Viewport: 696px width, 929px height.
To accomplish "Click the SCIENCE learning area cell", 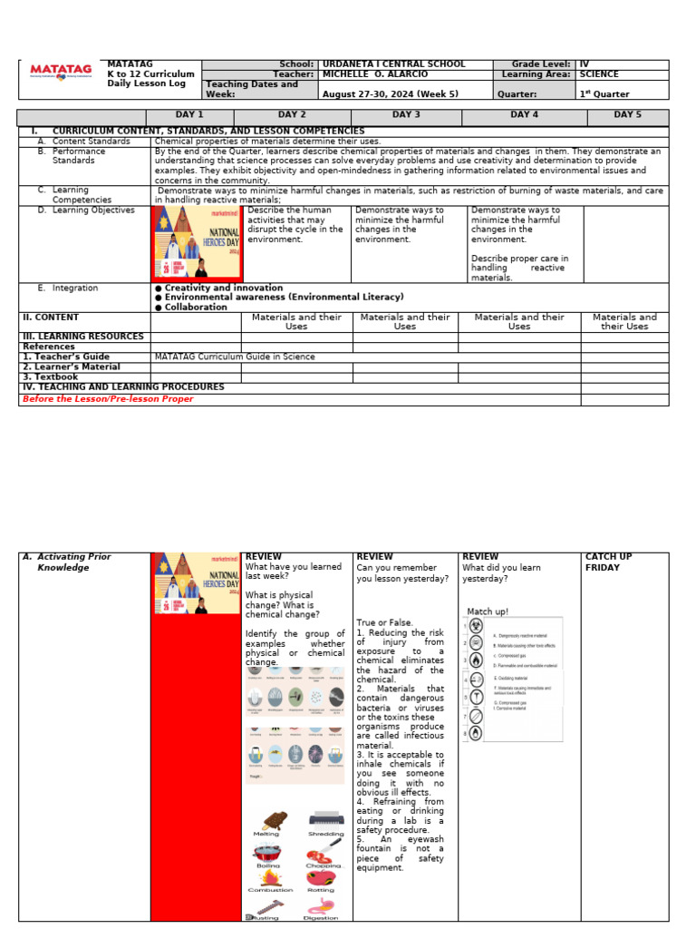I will (599, 74).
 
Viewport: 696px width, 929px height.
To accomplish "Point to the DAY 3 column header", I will (405, 115).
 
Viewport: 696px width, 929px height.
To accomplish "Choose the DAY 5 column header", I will (626, 115).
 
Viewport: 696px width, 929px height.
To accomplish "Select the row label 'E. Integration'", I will (75, 288).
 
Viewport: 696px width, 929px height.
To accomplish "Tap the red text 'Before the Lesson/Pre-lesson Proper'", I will (108, 399).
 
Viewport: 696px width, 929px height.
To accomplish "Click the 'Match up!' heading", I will (488, 611).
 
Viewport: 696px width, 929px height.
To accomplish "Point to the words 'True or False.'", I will (384, 622).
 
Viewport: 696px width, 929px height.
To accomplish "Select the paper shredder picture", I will (325, 819).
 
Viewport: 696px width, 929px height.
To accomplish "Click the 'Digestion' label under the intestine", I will (321, 918).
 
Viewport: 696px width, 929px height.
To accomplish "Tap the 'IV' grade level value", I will (585, 64).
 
